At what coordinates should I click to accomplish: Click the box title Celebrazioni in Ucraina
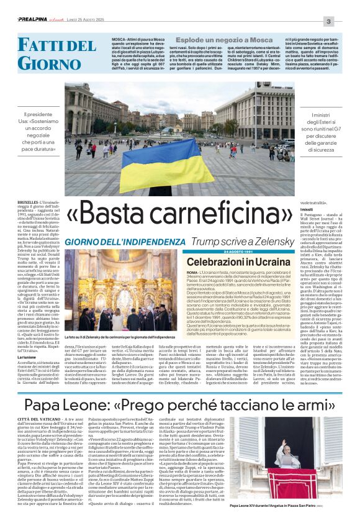(x=238, y=262)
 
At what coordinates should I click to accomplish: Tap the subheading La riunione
(x=26, y=357)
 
